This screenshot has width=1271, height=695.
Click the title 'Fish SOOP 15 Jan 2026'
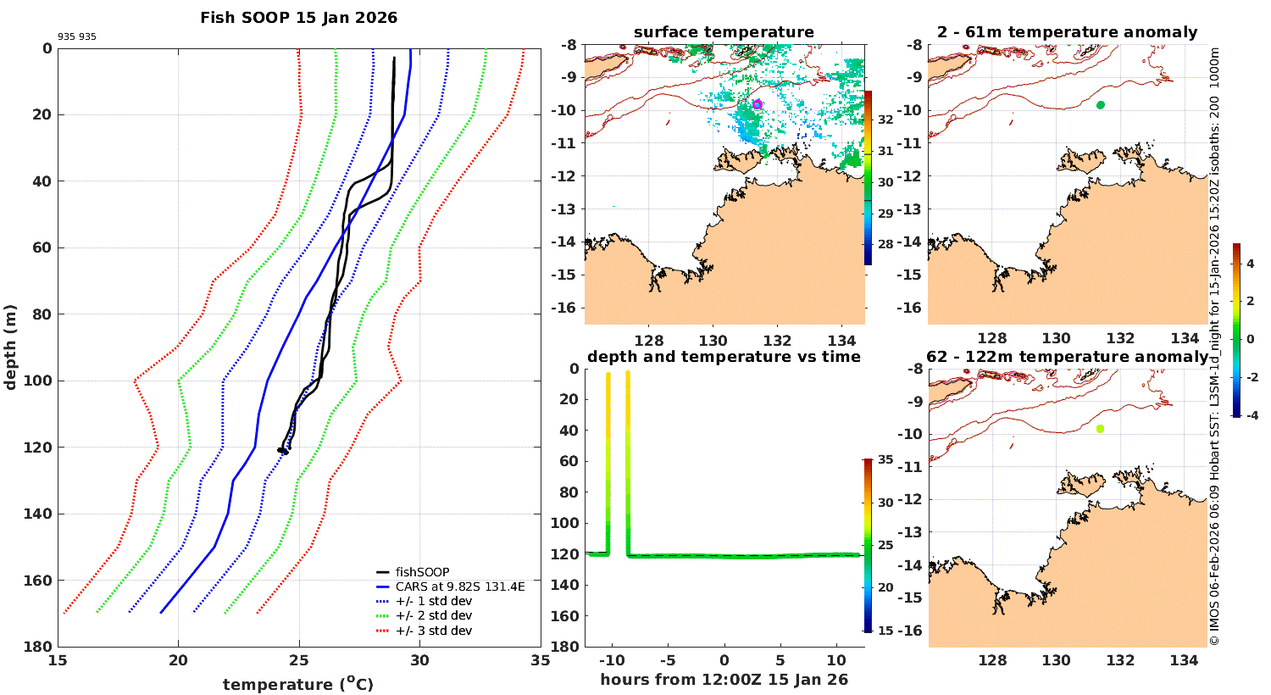298,18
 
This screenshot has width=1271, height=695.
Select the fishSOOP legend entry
422,572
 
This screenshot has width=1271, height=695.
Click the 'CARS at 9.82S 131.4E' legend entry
460,587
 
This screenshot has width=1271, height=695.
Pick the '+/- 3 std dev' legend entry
433,631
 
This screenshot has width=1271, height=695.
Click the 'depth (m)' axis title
11,347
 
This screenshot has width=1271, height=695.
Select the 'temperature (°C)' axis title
298,684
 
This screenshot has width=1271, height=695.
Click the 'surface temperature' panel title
724,32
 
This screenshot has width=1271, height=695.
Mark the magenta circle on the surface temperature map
757,104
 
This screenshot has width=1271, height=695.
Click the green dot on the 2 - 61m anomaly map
1101,105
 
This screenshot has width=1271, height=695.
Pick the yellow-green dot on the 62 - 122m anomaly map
1100,429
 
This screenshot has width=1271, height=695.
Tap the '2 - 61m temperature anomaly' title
1067,32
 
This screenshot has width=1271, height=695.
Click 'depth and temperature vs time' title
724,357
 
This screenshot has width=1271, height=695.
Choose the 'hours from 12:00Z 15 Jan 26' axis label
724,679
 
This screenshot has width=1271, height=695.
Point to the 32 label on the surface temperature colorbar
885,120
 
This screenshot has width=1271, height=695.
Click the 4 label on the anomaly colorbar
1250,264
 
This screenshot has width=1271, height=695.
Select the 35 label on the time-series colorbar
885,460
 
